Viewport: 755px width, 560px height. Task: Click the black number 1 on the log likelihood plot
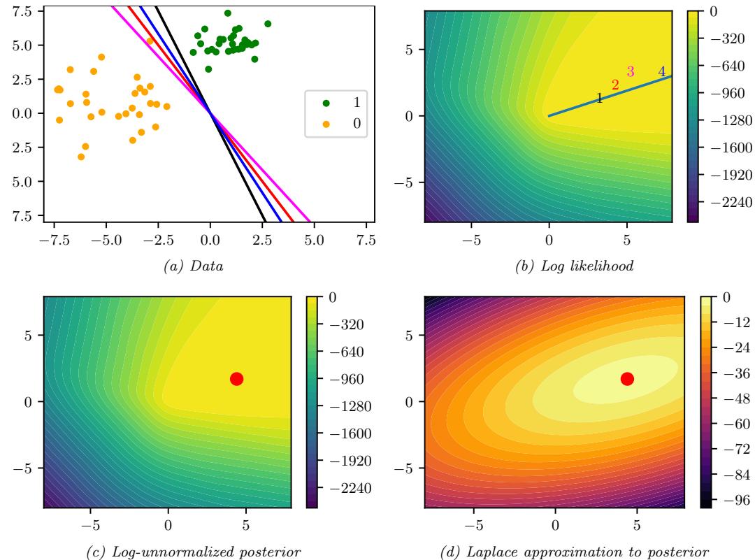(x=599, y=99)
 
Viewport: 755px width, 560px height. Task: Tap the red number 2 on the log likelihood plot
(x=615, y=85)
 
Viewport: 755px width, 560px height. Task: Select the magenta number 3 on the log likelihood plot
(x=631, y=71)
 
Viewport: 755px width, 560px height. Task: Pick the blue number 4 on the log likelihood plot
(x=661, y=71)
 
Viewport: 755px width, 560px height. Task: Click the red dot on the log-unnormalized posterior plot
(x=236, y=378)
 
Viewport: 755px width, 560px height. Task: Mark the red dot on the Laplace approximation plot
(x=627, y=378)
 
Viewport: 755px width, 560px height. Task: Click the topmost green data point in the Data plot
(x=227, y=13)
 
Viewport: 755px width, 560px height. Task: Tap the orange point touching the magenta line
(x=150, y=41)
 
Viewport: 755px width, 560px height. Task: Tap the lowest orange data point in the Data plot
(x=81, y=157)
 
